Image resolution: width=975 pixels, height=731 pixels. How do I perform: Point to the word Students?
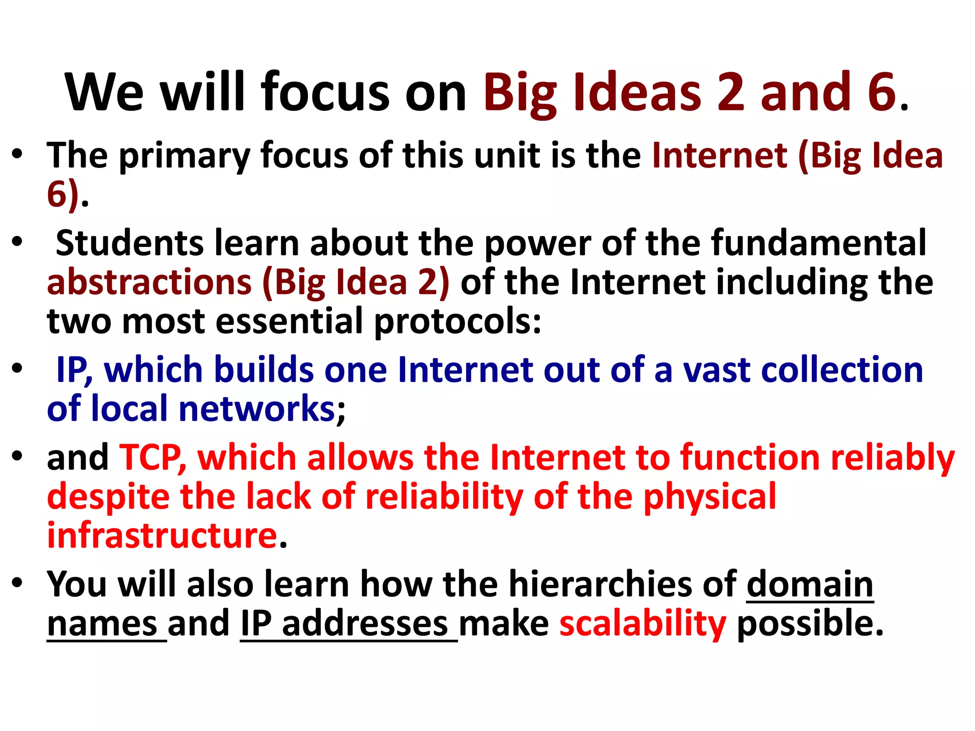click(129, 243)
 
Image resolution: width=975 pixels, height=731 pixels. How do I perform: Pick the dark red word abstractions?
click(149, 282)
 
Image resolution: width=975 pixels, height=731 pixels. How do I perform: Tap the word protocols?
click(457, 322)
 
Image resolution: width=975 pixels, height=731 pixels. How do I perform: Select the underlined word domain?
click(809, 584)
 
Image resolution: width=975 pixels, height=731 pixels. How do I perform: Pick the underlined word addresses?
click(365, 624)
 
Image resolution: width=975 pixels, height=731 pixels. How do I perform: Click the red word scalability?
click(643, 624)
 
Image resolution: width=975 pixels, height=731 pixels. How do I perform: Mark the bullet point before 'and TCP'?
click(18, 456)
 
